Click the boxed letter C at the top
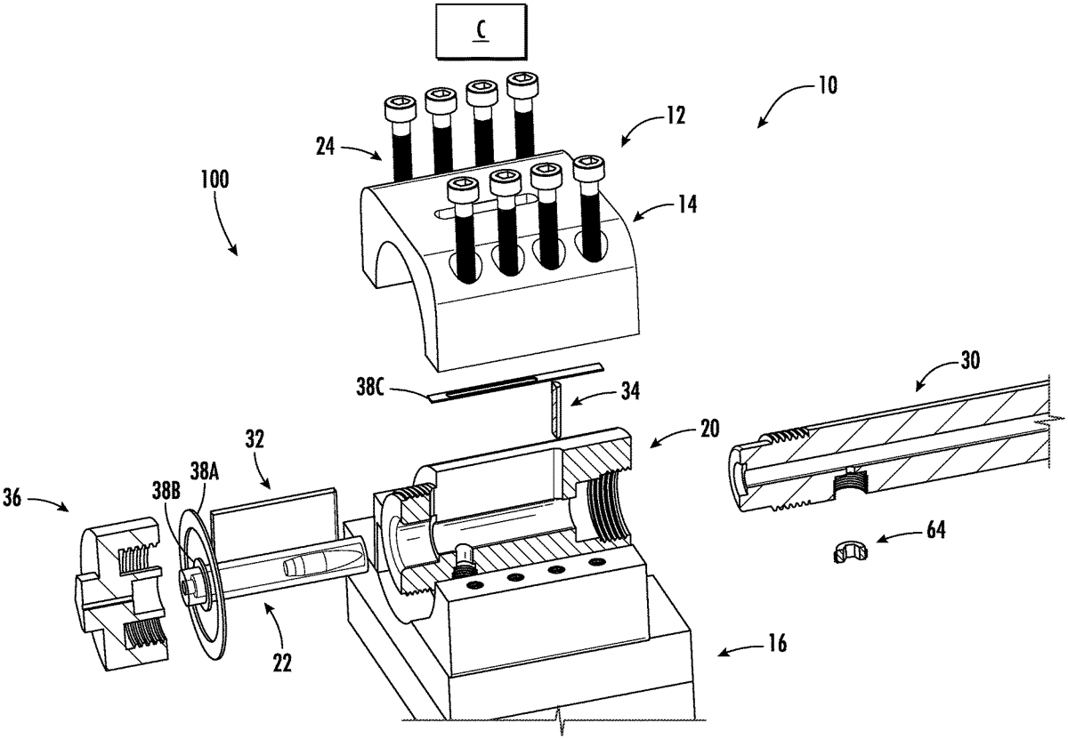click(480, 28)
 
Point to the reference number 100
click(214, 179)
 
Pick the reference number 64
click(934, 531)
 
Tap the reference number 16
click(778, 643)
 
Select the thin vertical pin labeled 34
click(554, 408)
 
